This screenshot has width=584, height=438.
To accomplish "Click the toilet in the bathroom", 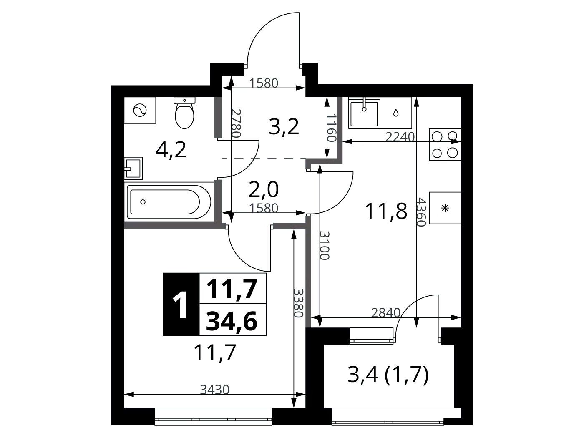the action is (x=184, y=113).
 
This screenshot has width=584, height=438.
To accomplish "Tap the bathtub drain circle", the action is (x=143, y=202).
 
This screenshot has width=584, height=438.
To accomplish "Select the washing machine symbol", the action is (x=140, y=110).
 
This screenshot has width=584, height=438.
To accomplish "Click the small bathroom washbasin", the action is (x=133, y=169).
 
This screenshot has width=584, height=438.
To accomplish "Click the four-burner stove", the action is (x=445, y=145).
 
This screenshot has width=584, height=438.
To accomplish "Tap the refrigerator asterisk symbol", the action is (x=445, y=208).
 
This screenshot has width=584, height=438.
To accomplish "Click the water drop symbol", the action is (x=396, y=113).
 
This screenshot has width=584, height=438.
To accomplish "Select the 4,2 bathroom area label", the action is (x=171, y=151).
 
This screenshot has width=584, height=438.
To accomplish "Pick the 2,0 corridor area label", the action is (x=263, y=190).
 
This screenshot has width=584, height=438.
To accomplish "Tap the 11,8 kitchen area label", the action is (x=386, y=211).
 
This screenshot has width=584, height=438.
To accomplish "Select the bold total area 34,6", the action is (x=232, y=321).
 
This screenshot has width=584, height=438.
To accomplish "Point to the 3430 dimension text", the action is (x=215, y=390).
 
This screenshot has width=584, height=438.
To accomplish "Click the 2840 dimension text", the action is (x=386, y=313).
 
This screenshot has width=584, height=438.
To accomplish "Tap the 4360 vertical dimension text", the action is (x=421, y=211).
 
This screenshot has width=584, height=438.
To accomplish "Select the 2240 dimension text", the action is (x=400, y=137).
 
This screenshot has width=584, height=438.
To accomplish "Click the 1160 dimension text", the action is (x=332, y=128).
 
